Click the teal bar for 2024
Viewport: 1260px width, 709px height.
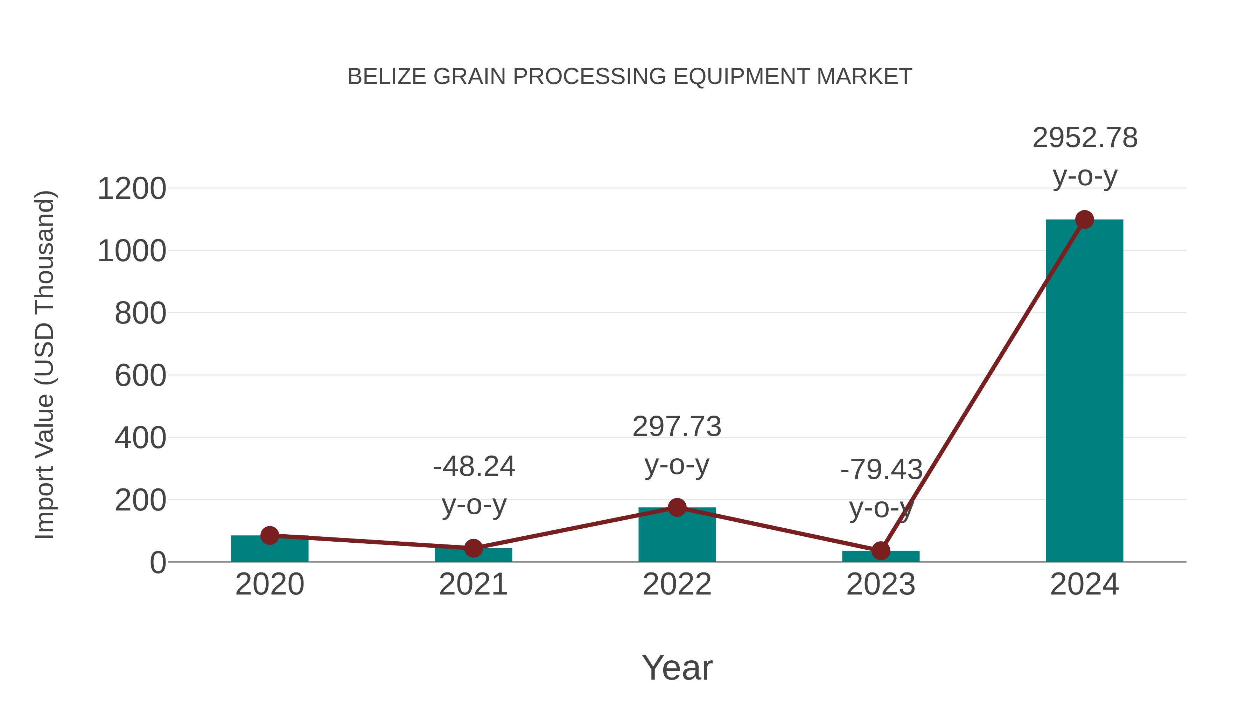(1084, 391)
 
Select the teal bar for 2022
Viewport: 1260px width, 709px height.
(677, 538)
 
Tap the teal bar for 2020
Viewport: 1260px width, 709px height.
(269, 550)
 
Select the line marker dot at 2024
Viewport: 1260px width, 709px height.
(1084, 220)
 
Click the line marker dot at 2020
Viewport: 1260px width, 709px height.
(269, 535)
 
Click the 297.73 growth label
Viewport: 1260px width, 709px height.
(677, 427)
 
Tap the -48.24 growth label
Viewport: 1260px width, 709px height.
(474, 466)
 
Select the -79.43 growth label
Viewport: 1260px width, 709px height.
(881, 470)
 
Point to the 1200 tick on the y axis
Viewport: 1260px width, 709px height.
(132, 189)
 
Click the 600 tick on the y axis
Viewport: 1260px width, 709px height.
(140, 376)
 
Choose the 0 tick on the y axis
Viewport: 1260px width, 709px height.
(157, 563)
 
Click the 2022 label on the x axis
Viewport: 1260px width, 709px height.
(677, 585)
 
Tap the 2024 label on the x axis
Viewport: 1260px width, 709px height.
(1084, 585)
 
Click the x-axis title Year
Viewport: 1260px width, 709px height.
(677, 668)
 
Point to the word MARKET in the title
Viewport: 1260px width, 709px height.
(864, 77)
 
